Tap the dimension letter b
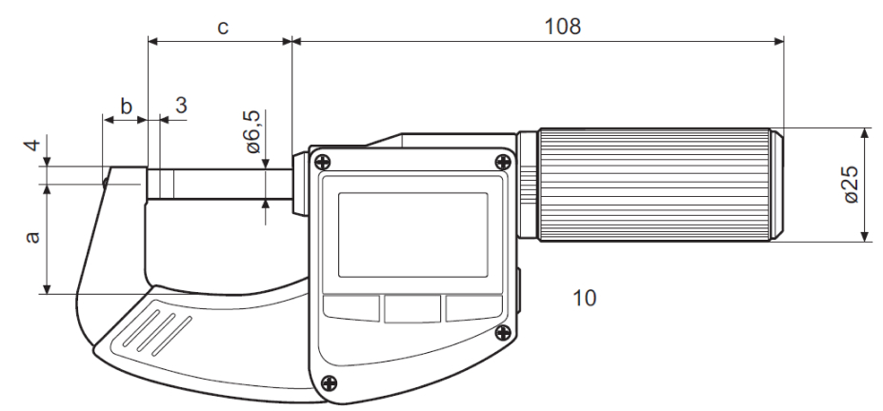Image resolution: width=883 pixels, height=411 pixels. point(125,105)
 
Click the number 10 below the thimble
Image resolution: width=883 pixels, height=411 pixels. point(584,299)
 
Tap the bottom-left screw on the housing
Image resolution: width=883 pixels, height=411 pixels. point(329,382)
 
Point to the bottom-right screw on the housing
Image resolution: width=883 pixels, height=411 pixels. point(502,331)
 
